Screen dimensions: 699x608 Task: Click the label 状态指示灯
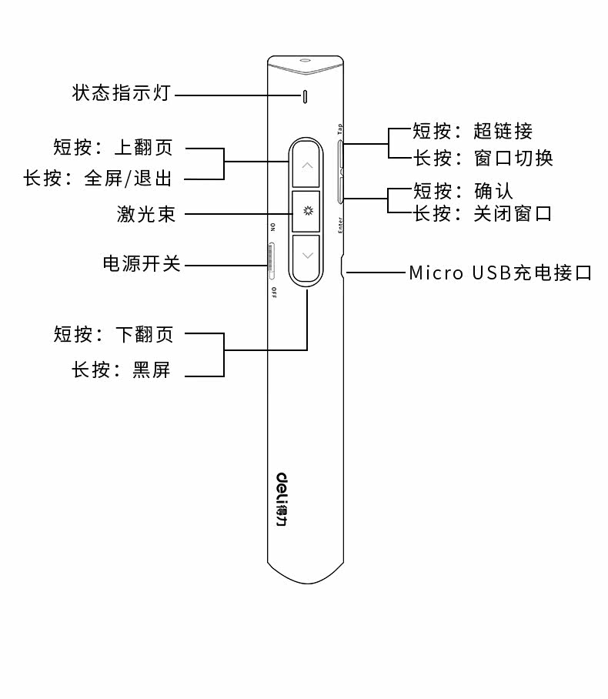(x=121, y=94)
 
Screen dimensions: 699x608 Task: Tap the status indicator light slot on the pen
(x=306, y=96)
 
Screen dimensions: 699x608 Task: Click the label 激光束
(x=146, y=214)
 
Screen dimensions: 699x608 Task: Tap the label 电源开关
(x=142, y=264)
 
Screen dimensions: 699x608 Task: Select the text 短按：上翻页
(x=113, y=147)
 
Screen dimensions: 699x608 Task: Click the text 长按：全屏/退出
(x=98, y=179)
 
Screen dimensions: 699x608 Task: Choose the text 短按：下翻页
(x=114, y=334)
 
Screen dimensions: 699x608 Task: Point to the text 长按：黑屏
(x=121, y=370)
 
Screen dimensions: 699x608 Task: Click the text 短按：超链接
(x=473, y=131)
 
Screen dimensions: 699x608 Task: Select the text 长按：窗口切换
(x=483, y=158)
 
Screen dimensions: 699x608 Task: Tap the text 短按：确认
(x=463, y=190)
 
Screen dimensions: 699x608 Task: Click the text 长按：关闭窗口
(x=483, y=213)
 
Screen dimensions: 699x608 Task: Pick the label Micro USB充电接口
(x=500, y=273)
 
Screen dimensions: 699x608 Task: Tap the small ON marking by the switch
(x=272, y=227)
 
